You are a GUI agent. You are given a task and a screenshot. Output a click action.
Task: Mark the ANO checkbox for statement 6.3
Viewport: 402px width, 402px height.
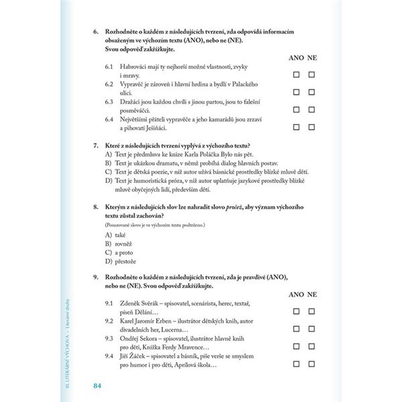click(x=296, y=109)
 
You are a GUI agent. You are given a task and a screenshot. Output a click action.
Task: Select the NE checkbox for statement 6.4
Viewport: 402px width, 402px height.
click(x=312, y=125)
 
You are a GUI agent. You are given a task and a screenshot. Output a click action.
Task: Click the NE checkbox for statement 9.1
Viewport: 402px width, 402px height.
click(x=312, y=311)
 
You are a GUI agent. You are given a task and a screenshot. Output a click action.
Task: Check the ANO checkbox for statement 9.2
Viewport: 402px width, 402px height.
click(x=296, y=328)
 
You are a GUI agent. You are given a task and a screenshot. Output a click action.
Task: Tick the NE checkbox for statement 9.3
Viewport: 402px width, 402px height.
click(x=312, y=346)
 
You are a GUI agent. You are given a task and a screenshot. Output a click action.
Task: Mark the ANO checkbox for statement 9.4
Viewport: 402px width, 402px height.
click(x=296, y=364)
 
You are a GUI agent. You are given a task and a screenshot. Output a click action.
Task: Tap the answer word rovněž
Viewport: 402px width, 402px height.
click(x=126, y=244)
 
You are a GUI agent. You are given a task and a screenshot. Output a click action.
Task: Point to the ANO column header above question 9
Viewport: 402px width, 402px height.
click(x=295, y=294)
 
